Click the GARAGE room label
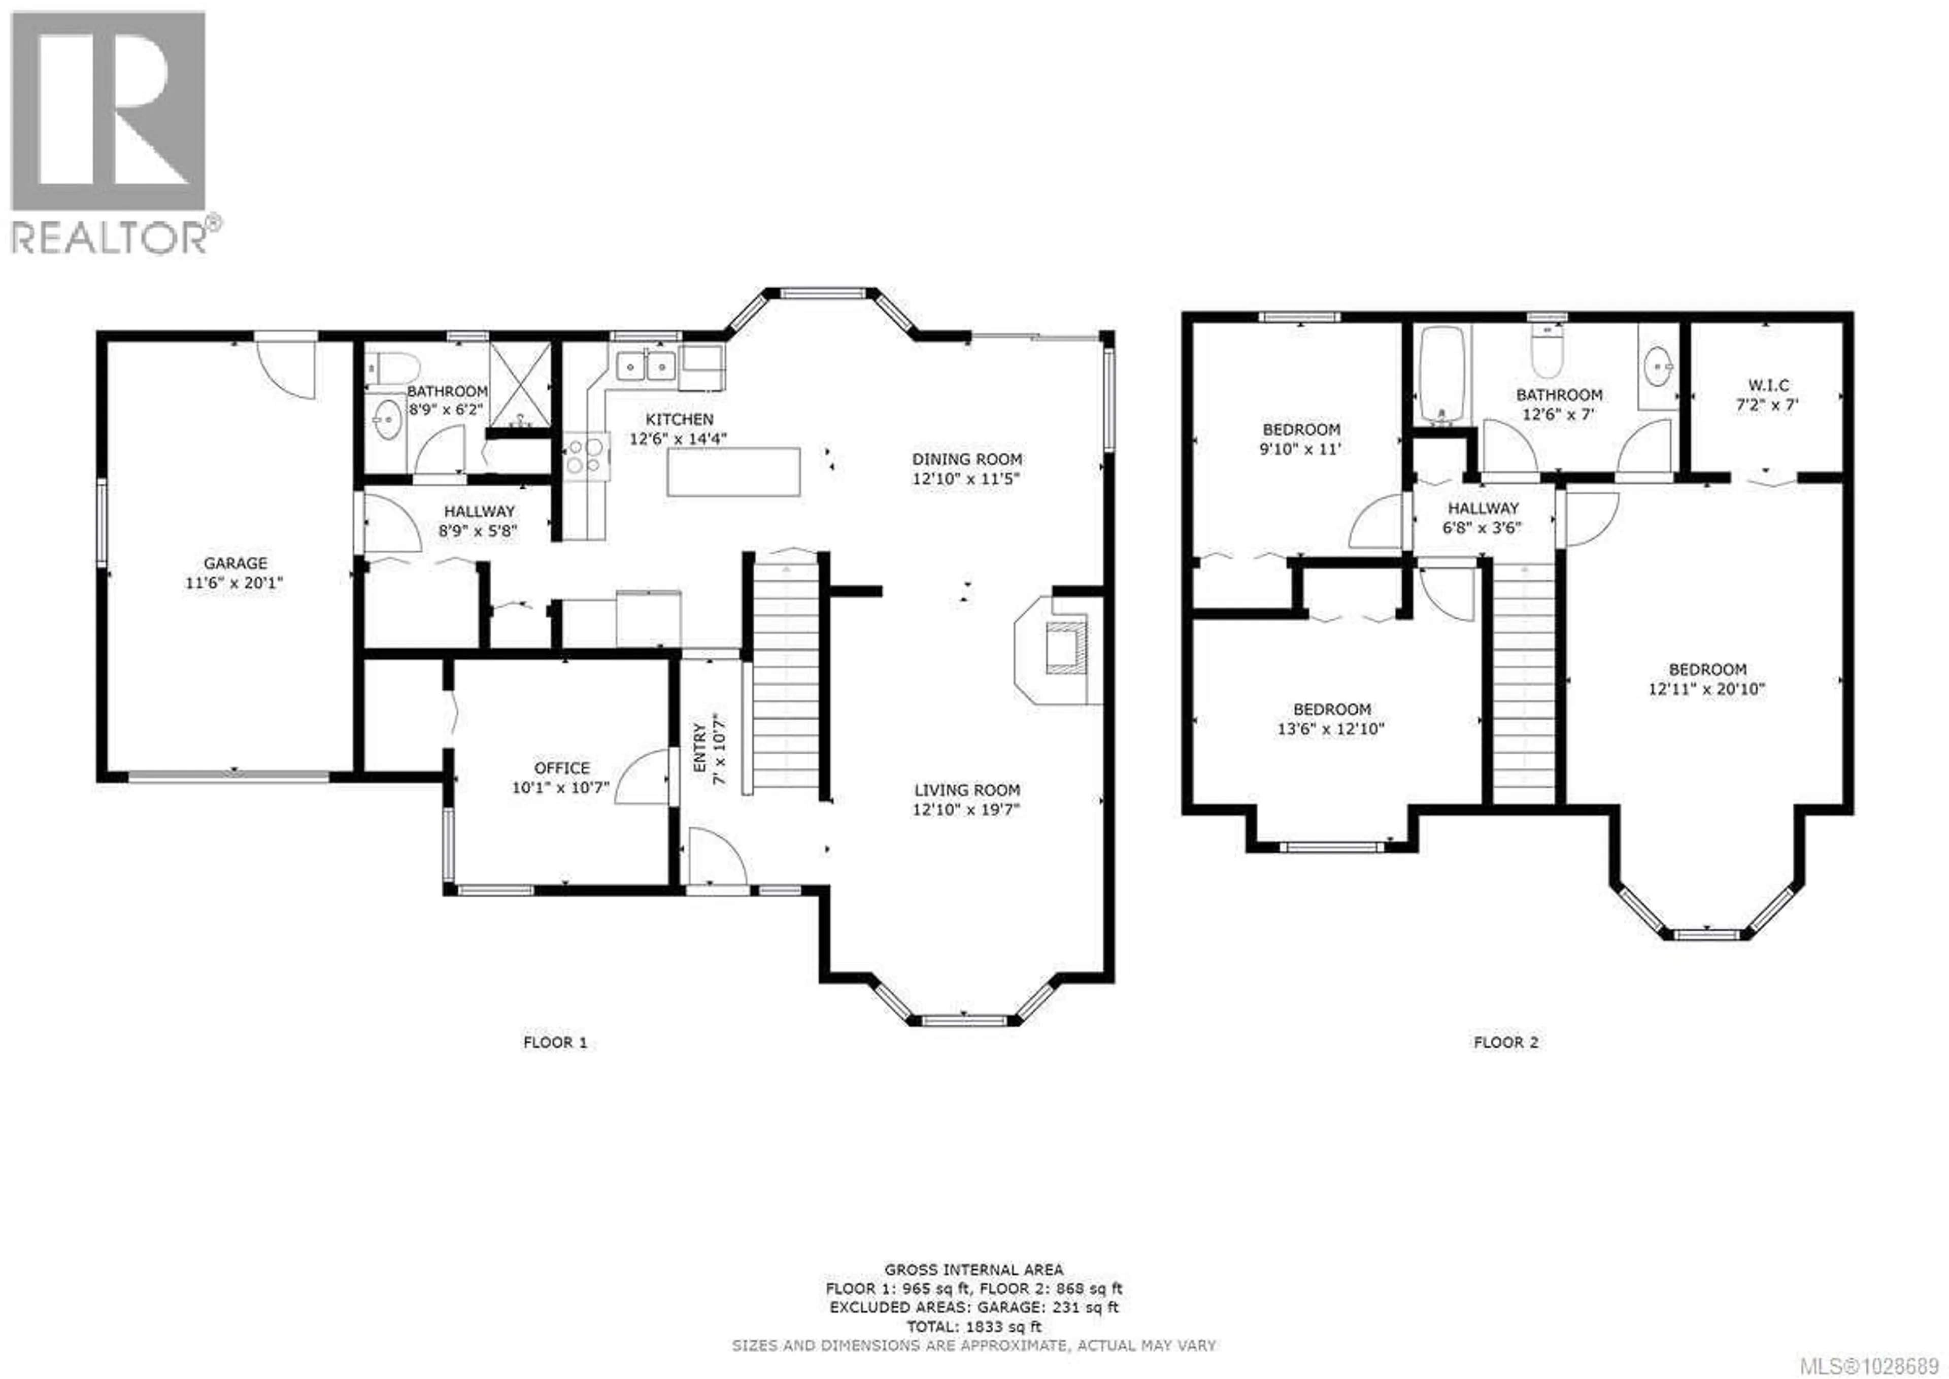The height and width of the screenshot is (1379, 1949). click(x=235, y=563)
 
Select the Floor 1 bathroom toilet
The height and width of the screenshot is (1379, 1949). click(x=396, y=367)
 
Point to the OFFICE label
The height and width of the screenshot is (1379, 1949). click(x=561, y=767)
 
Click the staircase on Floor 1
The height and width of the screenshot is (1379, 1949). click(x=786, y=675)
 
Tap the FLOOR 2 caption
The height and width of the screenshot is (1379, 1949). click(x=1506, y=1042)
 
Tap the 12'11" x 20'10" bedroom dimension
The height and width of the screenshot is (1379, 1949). click(x=1707, y=689)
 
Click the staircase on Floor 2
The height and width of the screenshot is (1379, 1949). click(x=1524, y=684)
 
